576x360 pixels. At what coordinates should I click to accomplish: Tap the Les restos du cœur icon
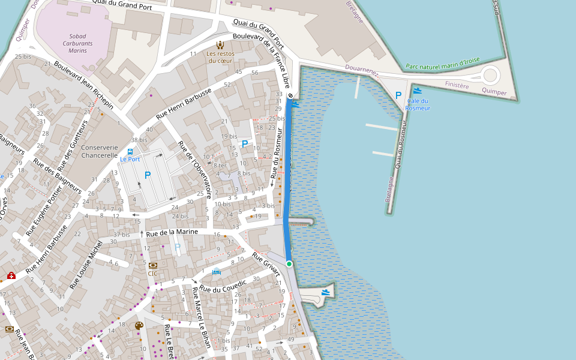[220, 44]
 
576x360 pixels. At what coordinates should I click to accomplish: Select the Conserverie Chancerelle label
[100, 151]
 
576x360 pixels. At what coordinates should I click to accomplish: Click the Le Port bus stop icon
[130, 151]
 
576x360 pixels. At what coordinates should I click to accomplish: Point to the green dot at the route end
[289, 264]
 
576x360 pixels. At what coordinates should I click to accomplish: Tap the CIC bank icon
[152, 265]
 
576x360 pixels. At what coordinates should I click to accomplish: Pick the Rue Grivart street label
[266, 264]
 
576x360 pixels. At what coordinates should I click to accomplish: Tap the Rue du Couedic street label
[223, 286]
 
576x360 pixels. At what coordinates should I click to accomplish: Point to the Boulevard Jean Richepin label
[83, 85]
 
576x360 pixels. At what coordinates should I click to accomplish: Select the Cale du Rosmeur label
[418, 104]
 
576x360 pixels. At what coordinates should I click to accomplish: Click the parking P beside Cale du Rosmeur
[398, 95]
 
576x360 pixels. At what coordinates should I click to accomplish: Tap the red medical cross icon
[11, 275]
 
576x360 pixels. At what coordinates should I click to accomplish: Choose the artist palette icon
[139, 326]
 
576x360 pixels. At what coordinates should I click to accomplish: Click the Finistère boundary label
[457, 85]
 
